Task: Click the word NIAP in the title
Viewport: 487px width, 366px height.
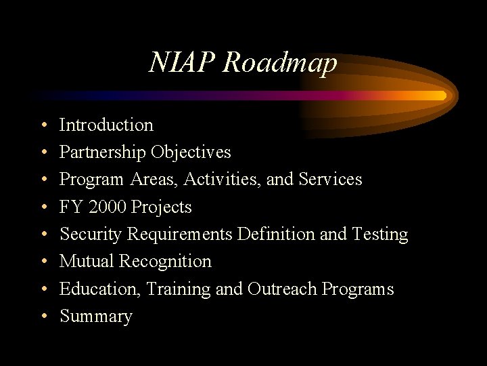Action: point(183,63)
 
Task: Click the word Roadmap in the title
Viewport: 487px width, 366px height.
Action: point(280,63)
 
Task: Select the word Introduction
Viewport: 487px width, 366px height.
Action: point(106,125)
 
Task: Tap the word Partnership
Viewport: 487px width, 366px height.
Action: point(103,152)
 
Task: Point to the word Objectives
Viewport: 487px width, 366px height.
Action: point(191,152)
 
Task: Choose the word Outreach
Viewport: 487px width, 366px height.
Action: point(282,289)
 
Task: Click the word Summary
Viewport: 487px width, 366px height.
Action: point(96,317)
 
